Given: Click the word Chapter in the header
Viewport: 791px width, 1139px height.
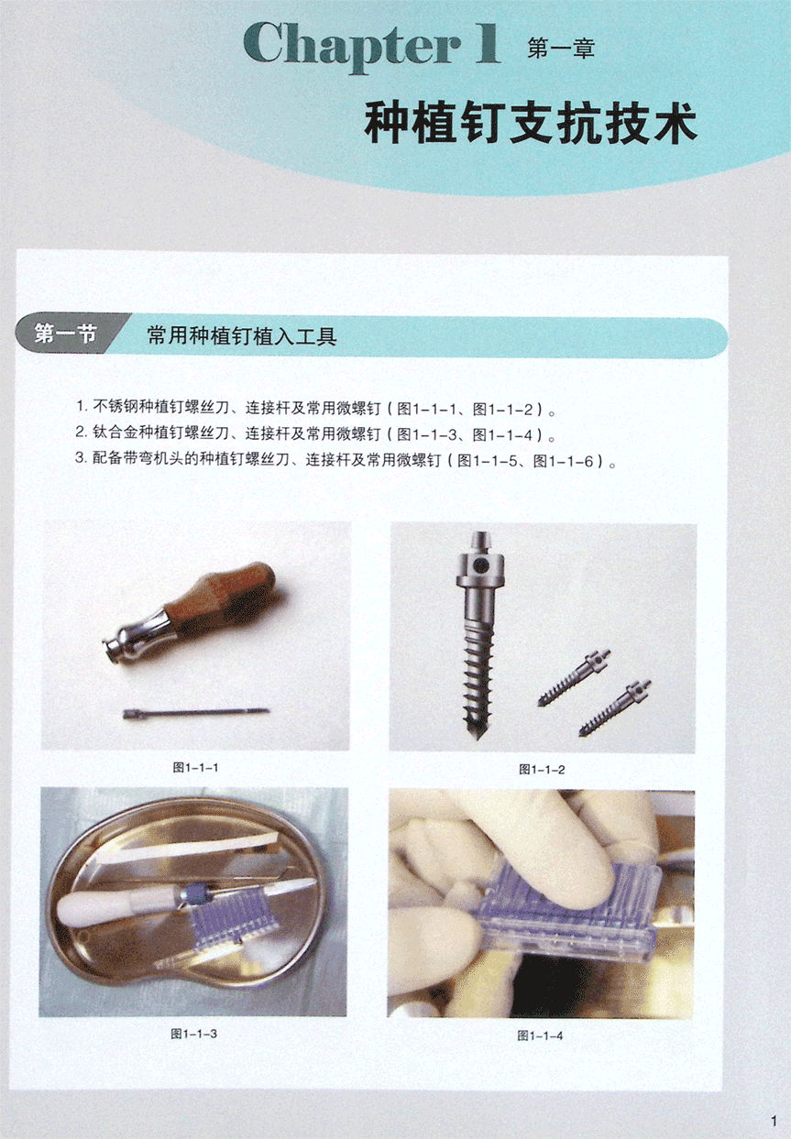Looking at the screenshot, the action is point(350,45).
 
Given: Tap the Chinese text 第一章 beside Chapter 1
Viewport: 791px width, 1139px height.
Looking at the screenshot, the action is point(561,49).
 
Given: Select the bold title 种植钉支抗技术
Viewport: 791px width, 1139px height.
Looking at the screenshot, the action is point(530,123).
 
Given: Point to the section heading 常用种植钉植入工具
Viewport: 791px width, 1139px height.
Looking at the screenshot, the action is point(242,336).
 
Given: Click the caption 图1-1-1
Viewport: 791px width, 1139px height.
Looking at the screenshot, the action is point(196,767).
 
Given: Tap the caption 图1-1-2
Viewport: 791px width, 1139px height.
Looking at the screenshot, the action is point(542,770).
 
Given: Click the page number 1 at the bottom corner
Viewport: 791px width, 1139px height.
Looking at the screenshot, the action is point(775,1121).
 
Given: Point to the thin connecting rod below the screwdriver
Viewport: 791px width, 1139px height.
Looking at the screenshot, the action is point(196,713).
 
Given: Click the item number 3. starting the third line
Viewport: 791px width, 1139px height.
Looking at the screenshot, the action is point(82,457).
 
